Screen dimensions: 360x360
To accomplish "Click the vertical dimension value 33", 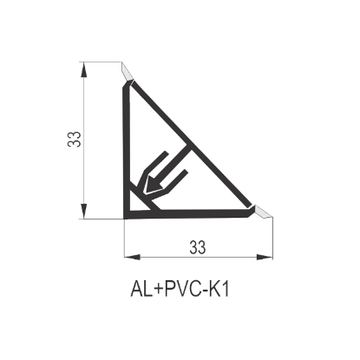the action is click(74, 140).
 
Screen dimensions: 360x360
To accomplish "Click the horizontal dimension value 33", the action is click(198, 247).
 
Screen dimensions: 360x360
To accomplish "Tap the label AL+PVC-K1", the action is click(180, 289).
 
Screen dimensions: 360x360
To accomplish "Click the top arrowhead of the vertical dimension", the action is click(83, 69).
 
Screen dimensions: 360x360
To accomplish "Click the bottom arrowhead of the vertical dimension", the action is click(83, 212).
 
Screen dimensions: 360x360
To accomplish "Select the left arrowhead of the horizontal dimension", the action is click(132, 257).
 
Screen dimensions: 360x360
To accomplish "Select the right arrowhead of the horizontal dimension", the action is click(265, 257).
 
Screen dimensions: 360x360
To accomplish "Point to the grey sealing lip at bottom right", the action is click(263, 212).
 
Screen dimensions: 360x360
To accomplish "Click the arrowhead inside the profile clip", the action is click(154, 185).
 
